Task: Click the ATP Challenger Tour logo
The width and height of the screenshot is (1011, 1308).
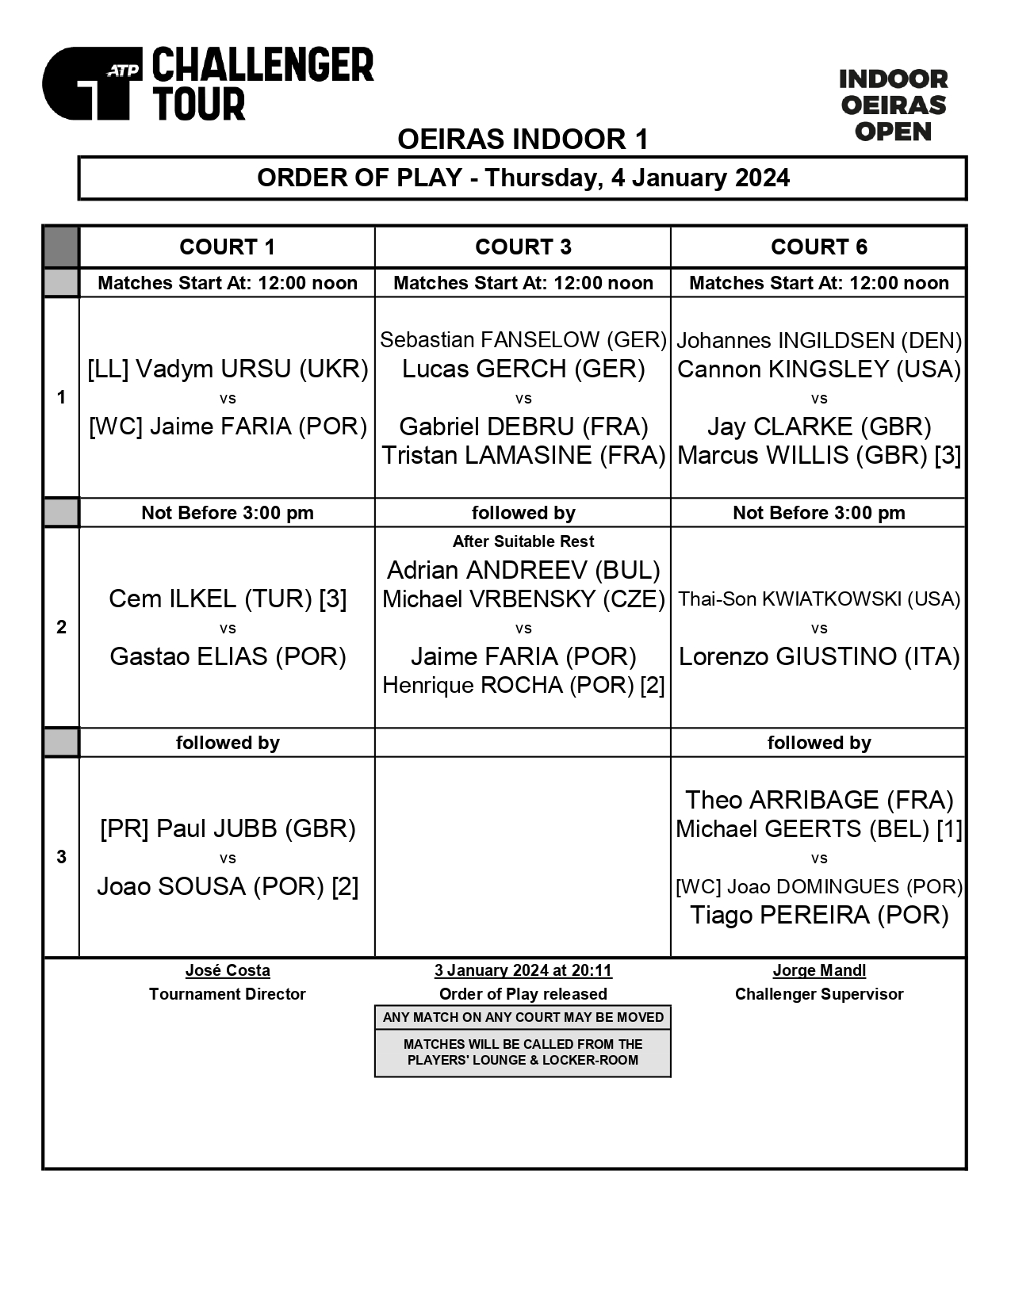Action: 207,84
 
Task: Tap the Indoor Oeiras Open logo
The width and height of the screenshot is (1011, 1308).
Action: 893,105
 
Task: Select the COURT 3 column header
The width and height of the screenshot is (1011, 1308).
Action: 523,247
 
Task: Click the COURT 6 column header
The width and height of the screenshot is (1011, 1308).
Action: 818,247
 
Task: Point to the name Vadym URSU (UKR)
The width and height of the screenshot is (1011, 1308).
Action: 228,369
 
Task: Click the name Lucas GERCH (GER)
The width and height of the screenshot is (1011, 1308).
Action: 523,369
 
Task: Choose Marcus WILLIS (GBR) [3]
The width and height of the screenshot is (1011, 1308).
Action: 819,456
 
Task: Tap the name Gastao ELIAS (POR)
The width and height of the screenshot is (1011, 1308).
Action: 228,656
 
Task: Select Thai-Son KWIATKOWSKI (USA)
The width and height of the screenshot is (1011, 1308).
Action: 819,599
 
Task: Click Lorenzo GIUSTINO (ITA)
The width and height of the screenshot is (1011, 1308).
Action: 819,656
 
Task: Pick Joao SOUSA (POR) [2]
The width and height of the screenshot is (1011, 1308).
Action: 228,886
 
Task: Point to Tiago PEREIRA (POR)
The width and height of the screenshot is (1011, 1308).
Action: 819,916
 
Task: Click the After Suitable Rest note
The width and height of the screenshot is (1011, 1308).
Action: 523,541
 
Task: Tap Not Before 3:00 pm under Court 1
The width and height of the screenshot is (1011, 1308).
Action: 228,513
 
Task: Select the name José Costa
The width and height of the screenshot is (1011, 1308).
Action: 228,970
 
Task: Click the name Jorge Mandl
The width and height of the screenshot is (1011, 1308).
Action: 819,970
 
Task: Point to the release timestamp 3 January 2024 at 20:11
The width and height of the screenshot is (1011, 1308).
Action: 523,970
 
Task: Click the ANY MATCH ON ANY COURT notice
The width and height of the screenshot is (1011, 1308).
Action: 523,1017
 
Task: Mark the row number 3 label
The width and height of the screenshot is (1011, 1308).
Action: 61,857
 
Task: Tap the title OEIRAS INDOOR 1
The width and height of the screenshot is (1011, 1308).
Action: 523,140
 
